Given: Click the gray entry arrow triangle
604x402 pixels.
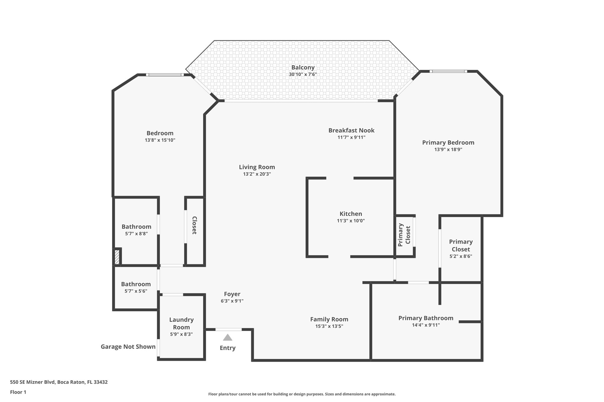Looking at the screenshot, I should (227, 338).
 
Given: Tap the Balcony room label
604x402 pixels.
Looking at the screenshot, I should (303, 67).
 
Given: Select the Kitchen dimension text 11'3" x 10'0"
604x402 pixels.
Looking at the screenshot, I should (351, 221).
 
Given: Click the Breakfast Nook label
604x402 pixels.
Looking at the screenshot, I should (351, 130).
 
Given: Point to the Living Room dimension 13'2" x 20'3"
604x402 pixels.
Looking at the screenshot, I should (257, 174).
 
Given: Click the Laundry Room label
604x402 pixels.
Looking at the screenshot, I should (181, 323).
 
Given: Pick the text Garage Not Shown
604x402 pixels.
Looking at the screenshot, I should (128, 347).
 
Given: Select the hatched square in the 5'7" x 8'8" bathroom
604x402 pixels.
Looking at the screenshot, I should (117, 257).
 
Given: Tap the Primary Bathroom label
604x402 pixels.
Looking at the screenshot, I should (426, 318).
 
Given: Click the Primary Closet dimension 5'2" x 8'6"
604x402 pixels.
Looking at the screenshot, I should (461, 256).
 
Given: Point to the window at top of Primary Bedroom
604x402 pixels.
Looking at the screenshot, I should (448, 71).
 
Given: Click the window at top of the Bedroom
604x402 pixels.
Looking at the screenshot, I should (165, 75).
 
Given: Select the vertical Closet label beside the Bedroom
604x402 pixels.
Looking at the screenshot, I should (194, 225).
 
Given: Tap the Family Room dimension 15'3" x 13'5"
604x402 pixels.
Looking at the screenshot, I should (329, 326).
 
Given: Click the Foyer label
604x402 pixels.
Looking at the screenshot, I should (232, 294).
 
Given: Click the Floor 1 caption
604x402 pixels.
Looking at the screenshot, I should (18, 392).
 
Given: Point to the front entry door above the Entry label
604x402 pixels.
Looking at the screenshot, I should (229, 329).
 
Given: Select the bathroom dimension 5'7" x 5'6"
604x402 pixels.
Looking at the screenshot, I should (136, 291).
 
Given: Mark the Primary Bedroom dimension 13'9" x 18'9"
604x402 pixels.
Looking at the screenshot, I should (448, 150).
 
